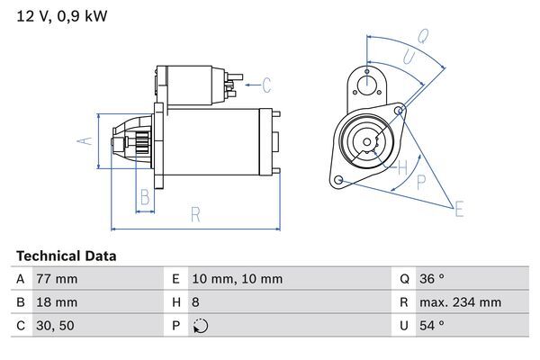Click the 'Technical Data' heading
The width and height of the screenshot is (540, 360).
[66, 256]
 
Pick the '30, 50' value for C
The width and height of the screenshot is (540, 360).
[53, 326]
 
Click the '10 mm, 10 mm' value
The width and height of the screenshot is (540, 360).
[238, 279]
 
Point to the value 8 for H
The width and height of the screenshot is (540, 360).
[197, 302]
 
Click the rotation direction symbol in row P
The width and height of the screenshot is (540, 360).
[200, 326]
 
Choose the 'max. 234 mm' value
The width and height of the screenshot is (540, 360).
[463, 302]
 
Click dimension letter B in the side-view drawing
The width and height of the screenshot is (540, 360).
[144, 197]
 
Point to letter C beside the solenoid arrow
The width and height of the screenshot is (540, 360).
[266, 86]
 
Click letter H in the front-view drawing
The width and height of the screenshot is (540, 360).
[402, 166]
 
